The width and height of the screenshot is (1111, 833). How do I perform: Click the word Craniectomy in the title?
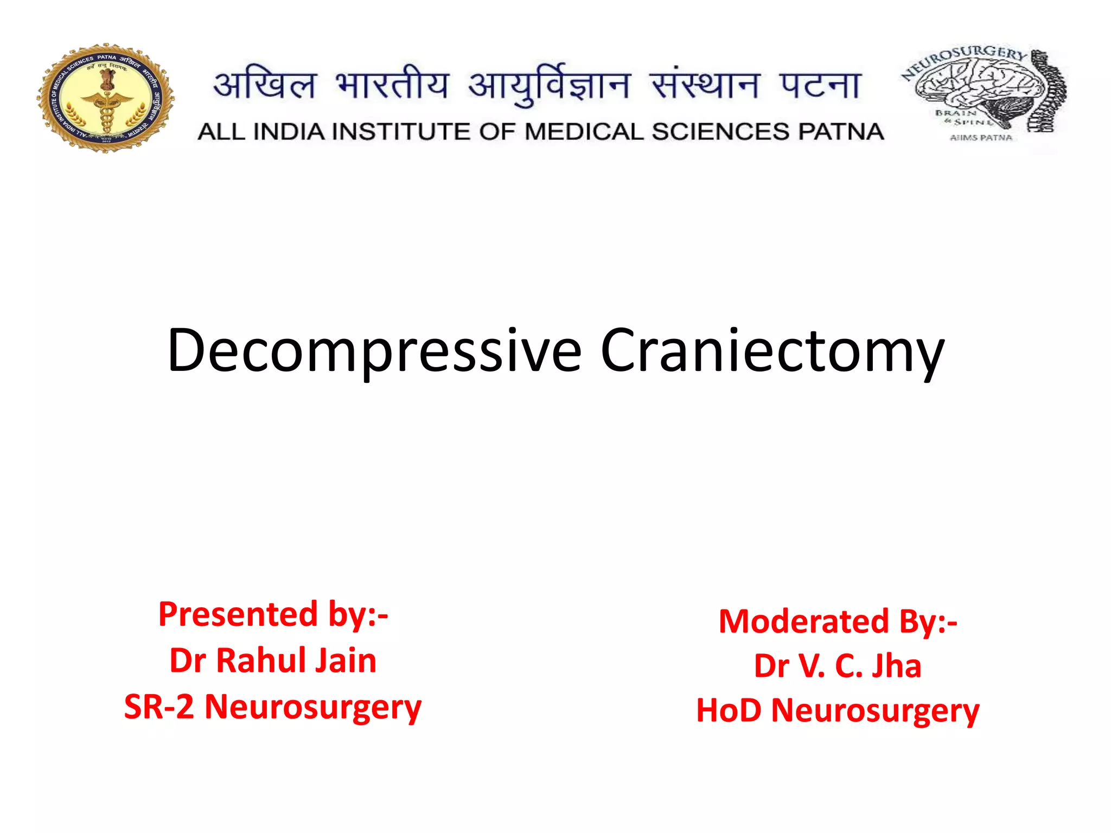click(x=772, y=351)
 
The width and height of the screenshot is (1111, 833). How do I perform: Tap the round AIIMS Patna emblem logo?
click(x=106, y=98)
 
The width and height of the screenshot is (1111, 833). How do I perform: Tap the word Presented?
click(x=238, y=614)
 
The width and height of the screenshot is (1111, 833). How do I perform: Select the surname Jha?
click(x=896, y=666)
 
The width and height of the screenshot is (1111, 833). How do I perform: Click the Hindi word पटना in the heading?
click(x=820, y=86)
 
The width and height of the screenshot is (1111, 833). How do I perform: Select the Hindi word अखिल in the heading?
click(x=265, y=86)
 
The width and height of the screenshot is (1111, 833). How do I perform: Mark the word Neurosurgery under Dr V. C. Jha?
click(x=875, y=710)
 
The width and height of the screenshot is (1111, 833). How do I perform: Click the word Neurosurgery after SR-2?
click(x=313, y=707)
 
